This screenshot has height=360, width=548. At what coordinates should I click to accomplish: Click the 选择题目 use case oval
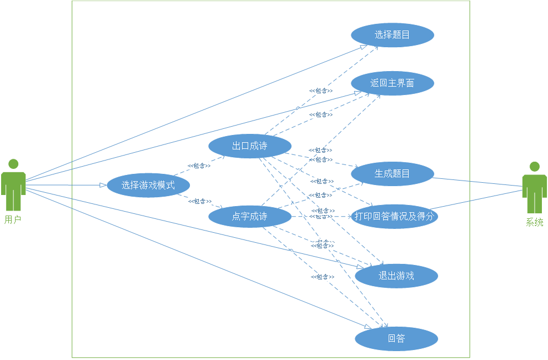pos(392,35)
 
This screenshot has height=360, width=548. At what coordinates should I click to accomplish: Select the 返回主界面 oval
pos(392,83)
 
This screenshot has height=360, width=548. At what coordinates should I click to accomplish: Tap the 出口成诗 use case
pos(250,146)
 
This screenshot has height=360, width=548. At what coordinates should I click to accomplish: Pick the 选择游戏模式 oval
pos(148,186)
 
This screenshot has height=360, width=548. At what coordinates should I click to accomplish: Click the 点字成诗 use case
pos(250,216)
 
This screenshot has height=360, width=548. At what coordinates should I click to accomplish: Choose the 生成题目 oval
pos(392,173)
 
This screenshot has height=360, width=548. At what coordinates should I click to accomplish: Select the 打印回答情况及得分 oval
pos(394,216)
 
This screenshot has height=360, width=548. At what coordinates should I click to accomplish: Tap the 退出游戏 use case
pos(396,276)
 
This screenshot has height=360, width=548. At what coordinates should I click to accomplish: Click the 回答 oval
pos(396,338)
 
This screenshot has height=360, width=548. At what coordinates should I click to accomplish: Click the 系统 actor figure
pos(534,188)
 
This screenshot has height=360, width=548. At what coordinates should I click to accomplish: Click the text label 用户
pos(13,219)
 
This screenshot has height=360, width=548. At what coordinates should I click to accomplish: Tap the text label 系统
pos(535,223)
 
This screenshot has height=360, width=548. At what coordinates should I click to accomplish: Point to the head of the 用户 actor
pos(13,164)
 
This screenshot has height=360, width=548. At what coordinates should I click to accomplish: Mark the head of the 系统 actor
pos(534,166)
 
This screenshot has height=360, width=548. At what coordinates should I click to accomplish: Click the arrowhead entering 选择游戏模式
pos(103,185)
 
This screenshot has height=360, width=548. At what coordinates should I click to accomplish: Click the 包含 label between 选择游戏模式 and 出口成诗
pos(199,166)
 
